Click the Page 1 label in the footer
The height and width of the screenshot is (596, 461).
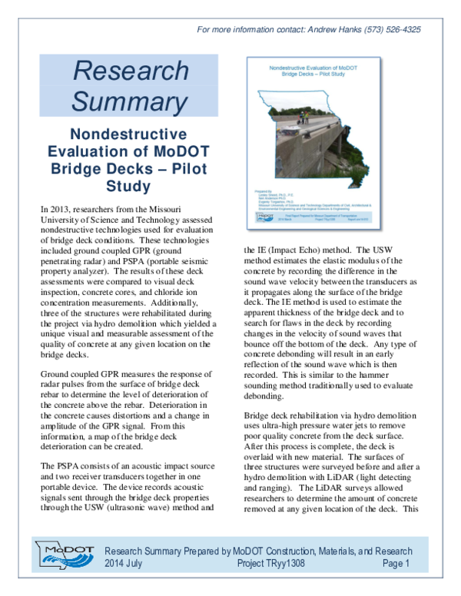(396, 564)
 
